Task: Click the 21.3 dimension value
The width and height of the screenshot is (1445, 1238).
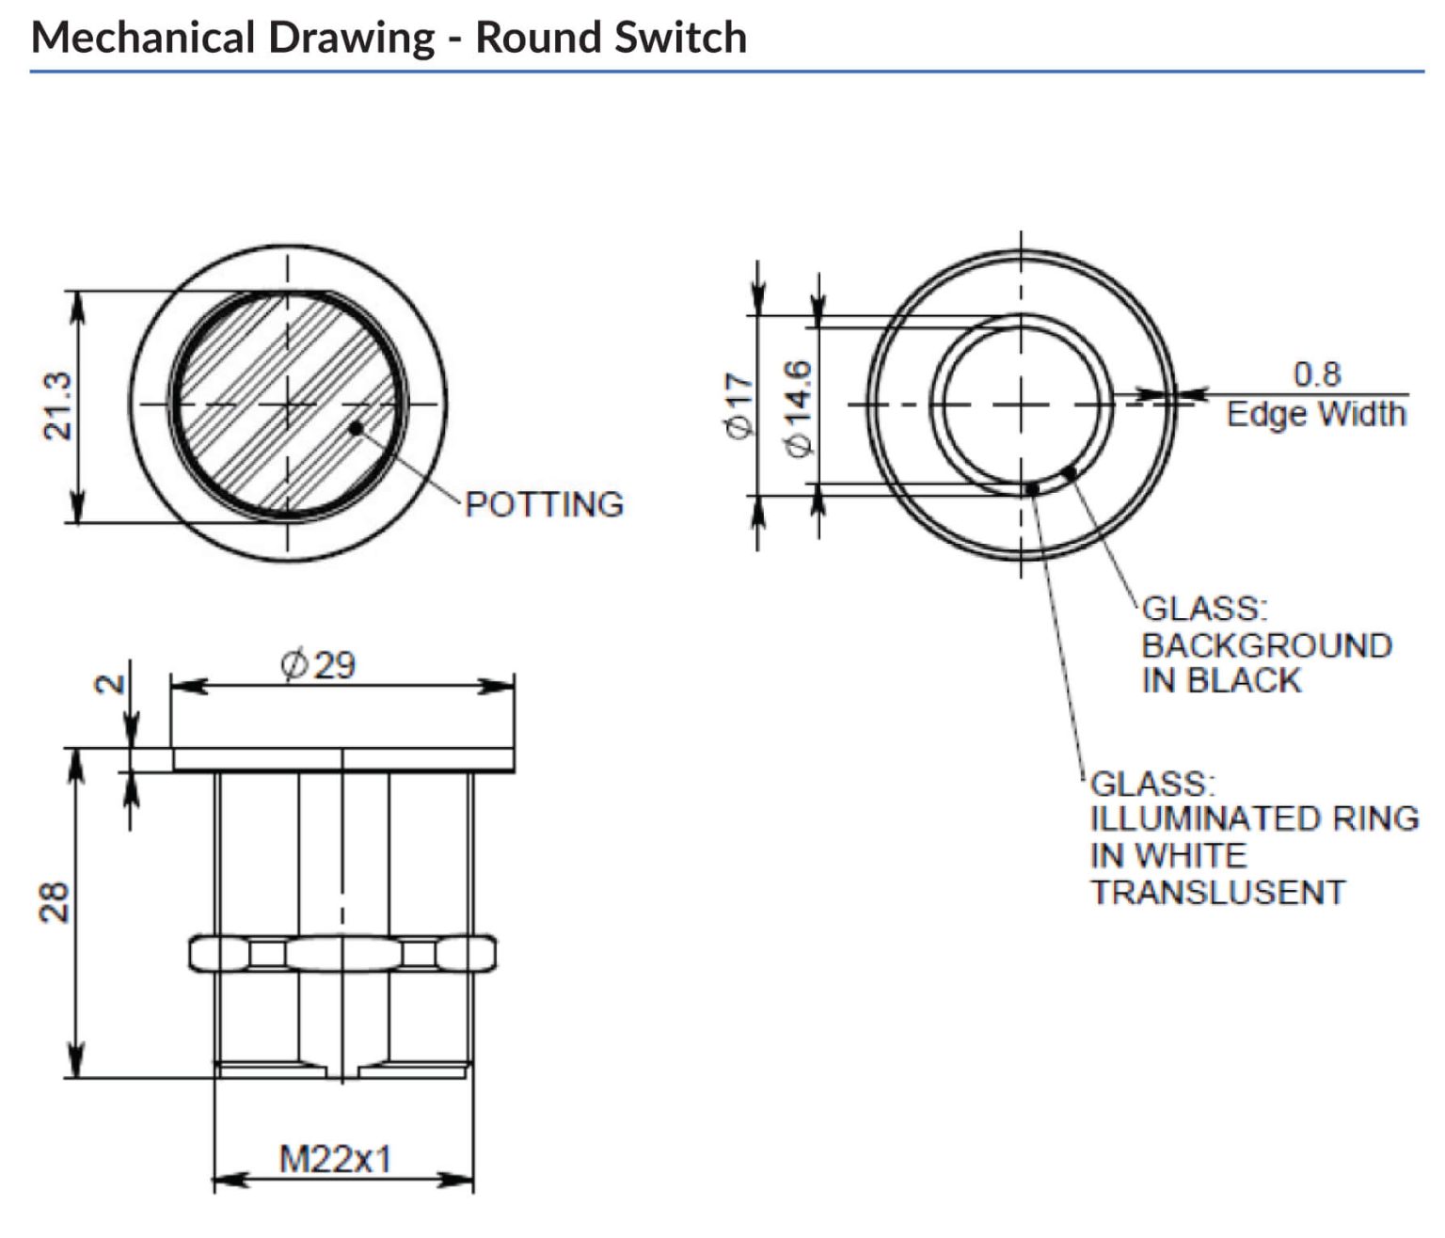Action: (x=58, y=405)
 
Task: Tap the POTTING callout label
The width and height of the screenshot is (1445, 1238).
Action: (x=544, y=504)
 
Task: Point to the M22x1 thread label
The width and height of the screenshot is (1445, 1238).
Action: (x=335, y=1159)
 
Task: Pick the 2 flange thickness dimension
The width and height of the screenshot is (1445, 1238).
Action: (x=111, y=684)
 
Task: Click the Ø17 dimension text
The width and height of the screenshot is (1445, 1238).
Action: (x=739, y=405)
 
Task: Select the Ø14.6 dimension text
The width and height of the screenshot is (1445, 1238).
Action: (x=798, y=408)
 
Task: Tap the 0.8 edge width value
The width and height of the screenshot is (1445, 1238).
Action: (x=1316, y=373)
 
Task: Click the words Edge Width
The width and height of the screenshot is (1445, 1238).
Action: (x=1315, y=414)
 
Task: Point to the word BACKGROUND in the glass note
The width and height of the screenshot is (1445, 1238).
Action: (x=1266, y=645)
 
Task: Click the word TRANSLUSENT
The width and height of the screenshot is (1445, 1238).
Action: (x=1217, y=892)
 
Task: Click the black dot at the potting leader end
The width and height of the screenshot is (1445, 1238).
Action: (x=356, y=429)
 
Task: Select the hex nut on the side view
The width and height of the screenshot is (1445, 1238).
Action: (x=342, y=954)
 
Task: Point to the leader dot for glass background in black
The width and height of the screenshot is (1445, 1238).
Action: (x=1068, y=471)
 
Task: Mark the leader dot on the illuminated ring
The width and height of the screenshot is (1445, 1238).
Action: (x=1032, y=488)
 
